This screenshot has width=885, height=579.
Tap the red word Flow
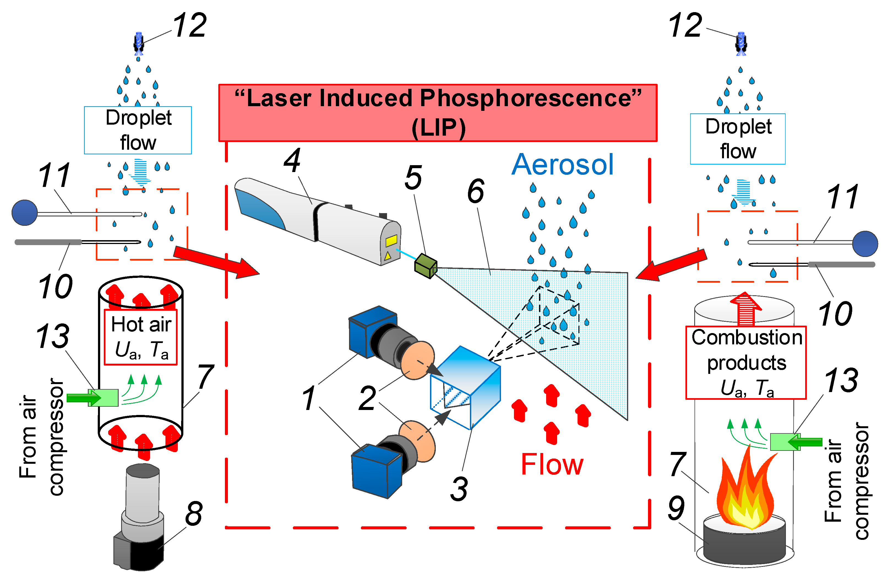tap(552, 464)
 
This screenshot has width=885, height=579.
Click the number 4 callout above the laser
tap(292, 160)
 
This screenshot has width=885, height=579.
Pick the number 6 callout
tap(476, 191)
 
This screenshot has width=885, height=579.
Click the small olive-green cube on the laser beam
tap(426, 266)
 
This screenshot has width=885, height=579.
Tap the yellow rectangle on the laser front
tap(391, 241)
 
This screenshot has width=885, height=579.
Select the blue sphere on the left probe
tap(24, 213)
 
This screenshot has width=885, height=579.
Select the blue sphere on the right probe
tap(865, 244)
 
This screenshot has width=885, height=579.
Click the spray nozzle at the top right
tap(741, 44)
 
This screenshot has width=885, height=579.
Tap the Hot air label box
tap(141, 337)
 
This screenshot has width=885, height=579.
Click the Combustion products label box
tap(746, 363)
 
